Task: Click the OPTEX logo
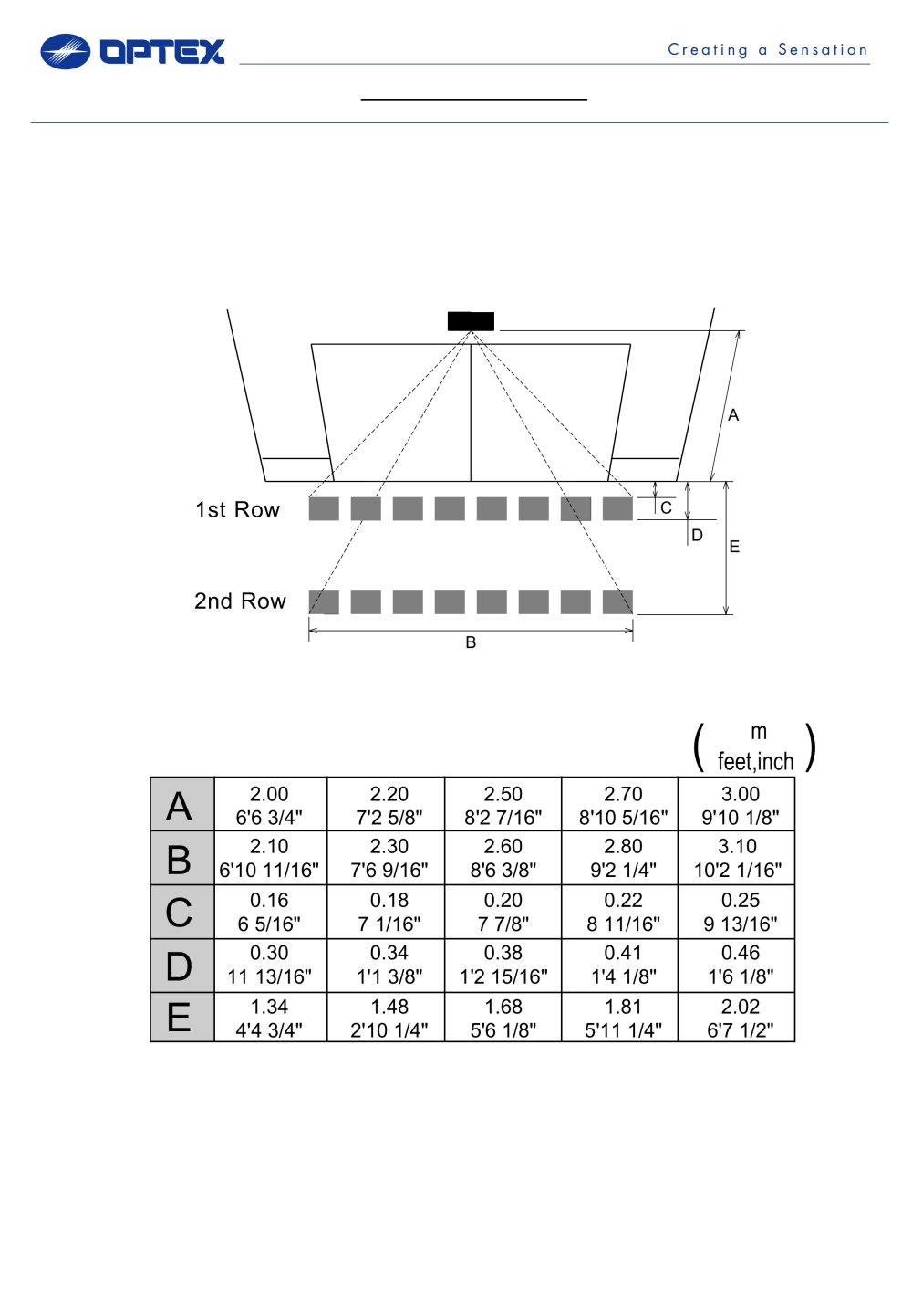pos(132,51)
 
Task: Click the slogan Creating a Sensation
pos(768,49)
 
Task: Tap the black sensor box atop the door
pos(471,321)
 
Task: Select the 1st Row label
pos(237,510)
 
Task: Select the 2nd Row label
pos(240,601)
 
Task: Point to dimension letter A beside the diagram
pos(733,415)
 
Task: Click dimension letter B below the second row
pos(471,642)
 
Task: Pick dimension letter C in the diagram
pos(666,507)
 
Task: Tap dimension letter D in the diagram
pos(697,536)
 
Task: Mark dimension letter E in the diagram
pos(734,547)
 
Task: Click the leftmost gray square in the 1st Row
pos(324,508)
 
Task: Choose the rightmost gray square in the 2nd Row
pos(617,601)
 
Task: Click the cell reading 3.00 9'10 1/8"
pos(736,804)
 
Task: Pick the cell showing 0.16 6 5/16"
pos(270,912)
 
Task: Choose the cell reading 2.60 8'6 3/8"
pos(503,858)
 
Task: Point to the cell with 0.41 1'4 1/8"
pos(620,966)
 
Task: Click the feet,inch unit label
pos(755,761)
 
